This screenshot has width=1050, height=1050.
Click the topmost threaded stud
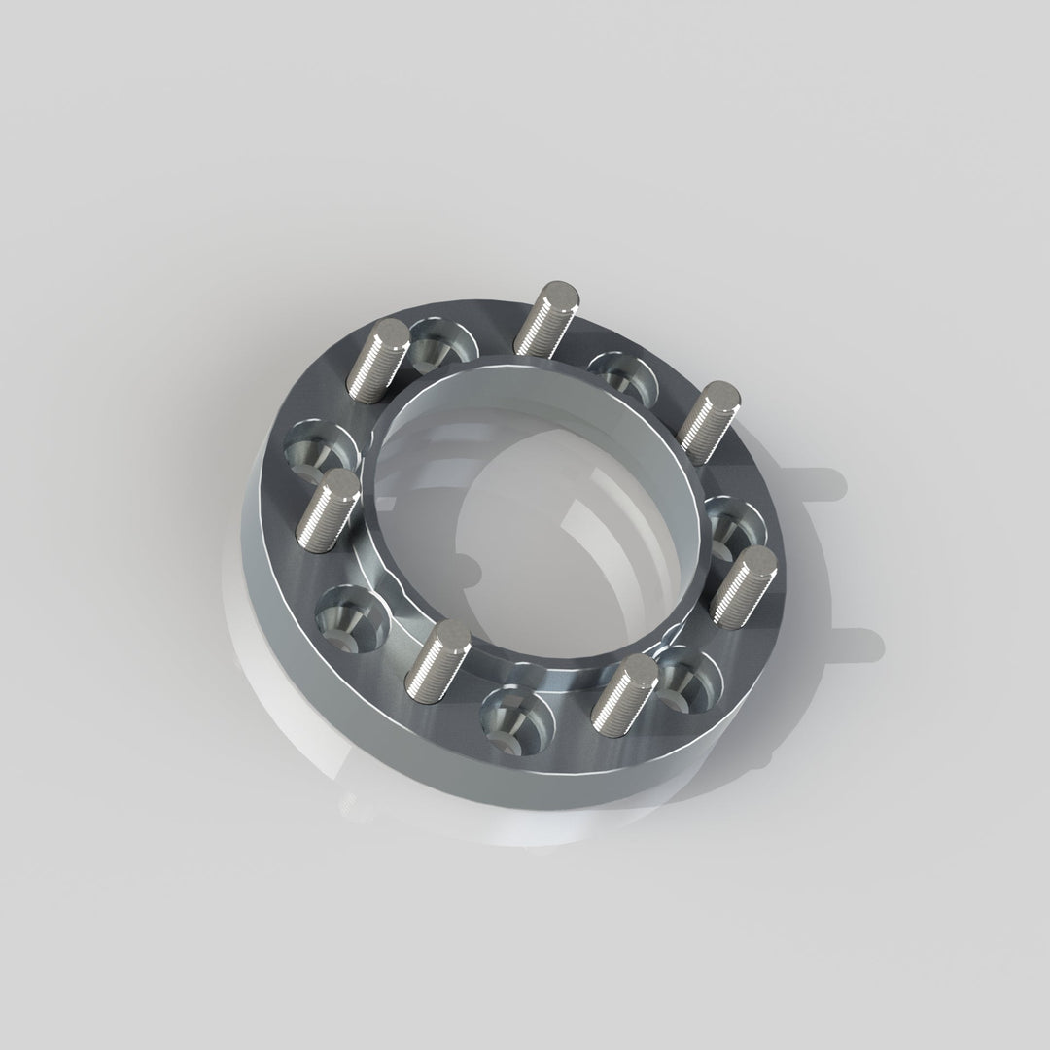pyautogui.click(x=544, y=316)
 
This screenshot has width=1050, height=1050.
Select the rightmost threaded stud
pyautogui.click(x=745, y=583)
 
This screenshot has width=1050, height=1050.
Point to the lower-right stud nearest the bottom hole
pyautogui.click(x=623, y=692)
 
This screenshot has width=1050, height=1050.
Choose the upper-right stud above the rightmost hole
pyautogui.click(x=709, y=421)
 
